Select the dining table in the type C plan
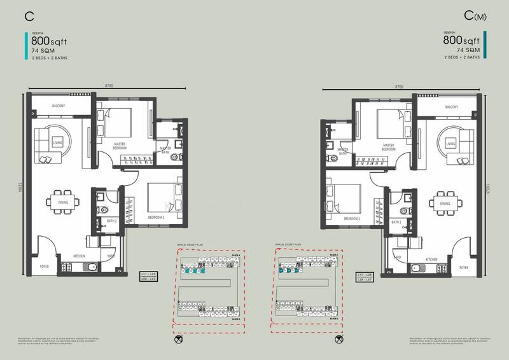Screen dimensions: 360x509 tap(62, 204)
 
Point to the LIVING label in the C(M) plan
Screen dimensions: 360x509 tap(451, 144)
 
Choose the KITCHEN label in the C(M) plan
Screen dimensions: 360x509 tap(431, 260)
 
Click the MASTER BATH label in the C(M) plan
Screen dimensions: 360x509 tap(342, 153)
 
